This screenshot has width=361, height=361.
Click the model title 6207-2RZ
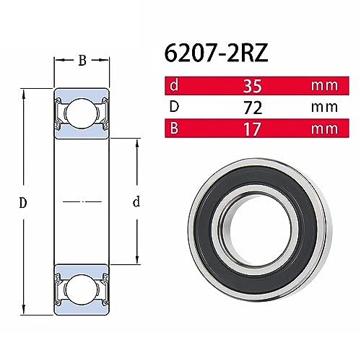coord(216,53)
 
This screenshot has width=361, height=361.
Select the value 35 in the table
coord(252,86)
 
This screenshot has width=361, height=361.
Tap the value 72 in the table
coord(253,108)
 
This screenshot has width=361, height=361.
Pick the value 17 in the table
coord(253,129)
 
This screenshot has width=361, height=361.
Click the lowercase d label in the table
coord(174,85)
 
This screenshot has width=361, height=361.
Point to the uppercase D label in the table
coord(174,107)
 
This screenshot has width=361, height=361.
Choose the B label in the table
coord(174,128)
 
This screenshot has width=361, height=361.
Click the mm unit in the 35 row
coord(324,86)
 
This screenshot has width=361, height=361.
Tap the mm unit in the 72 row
coord(324,108)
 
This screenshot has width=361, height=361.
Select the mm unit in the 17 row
coord(324,129)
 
